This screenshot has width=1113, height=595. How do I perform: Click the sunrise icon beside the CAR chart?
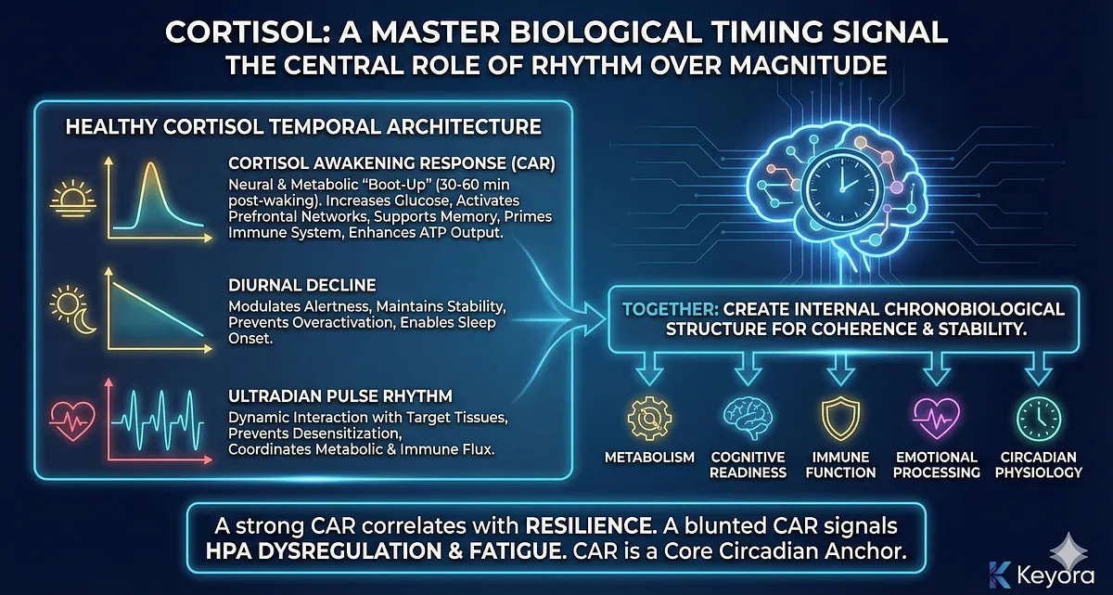click(73, 200)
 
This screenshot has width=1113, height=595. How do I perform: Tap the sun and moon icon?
click(73, 309)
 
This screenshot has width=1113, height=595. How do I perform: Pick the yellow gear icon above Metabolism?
click(649, 419)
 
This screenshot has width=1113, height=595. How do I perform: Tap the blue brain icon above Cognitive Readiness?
click(748, 418)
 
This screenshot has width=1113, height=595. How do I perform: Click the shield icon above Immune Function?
click(840, 419)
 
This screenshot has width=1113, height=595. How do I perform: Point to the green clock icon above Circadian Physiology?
click(1039, 419)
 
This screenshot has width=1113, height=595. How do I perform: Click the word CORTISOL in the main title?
click(248, 32)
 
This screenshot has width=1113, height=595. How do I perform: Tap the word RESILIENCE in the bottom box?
click(589, 526)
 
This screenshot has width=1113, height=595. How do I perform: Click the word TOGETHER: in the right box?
click(671, 309)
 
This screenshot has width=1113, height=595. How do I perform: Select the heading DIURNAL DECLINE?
click(302, 285)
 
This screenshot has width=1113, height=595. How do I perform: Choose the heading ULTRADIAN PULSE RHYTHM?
click(340, 396)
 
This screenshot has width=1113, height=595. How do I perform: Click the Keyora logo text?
click(1055, 576)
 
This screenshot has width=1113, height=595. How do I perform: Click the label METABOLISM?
click(649, 458)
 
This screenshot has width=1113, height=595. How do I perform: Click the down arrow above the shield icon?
click(840, 369)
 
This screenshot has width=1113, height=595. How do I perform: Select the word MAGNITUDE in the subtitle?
click(809, 66)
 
